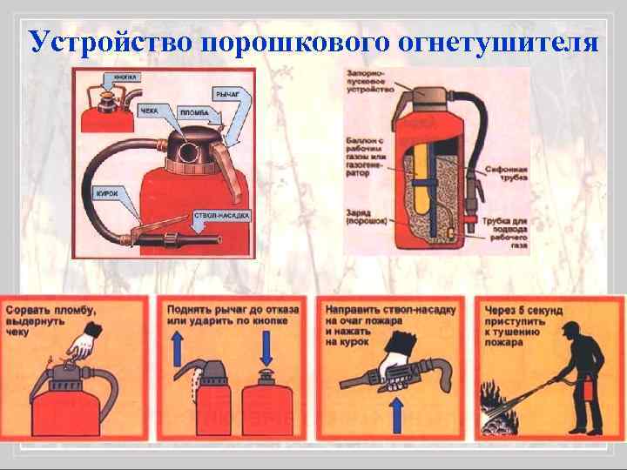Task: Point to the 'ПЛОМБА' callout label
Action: [x=192, y=113]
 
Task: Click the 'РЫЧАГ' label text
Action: [x=223, y=91]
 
